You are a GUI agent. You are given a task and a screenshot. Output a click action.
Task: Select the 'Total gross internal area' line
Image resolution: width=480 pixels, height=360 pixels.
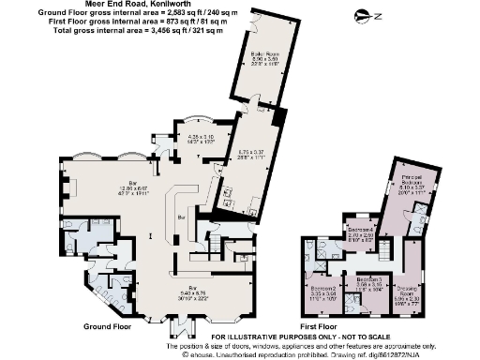pos(115,30)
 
